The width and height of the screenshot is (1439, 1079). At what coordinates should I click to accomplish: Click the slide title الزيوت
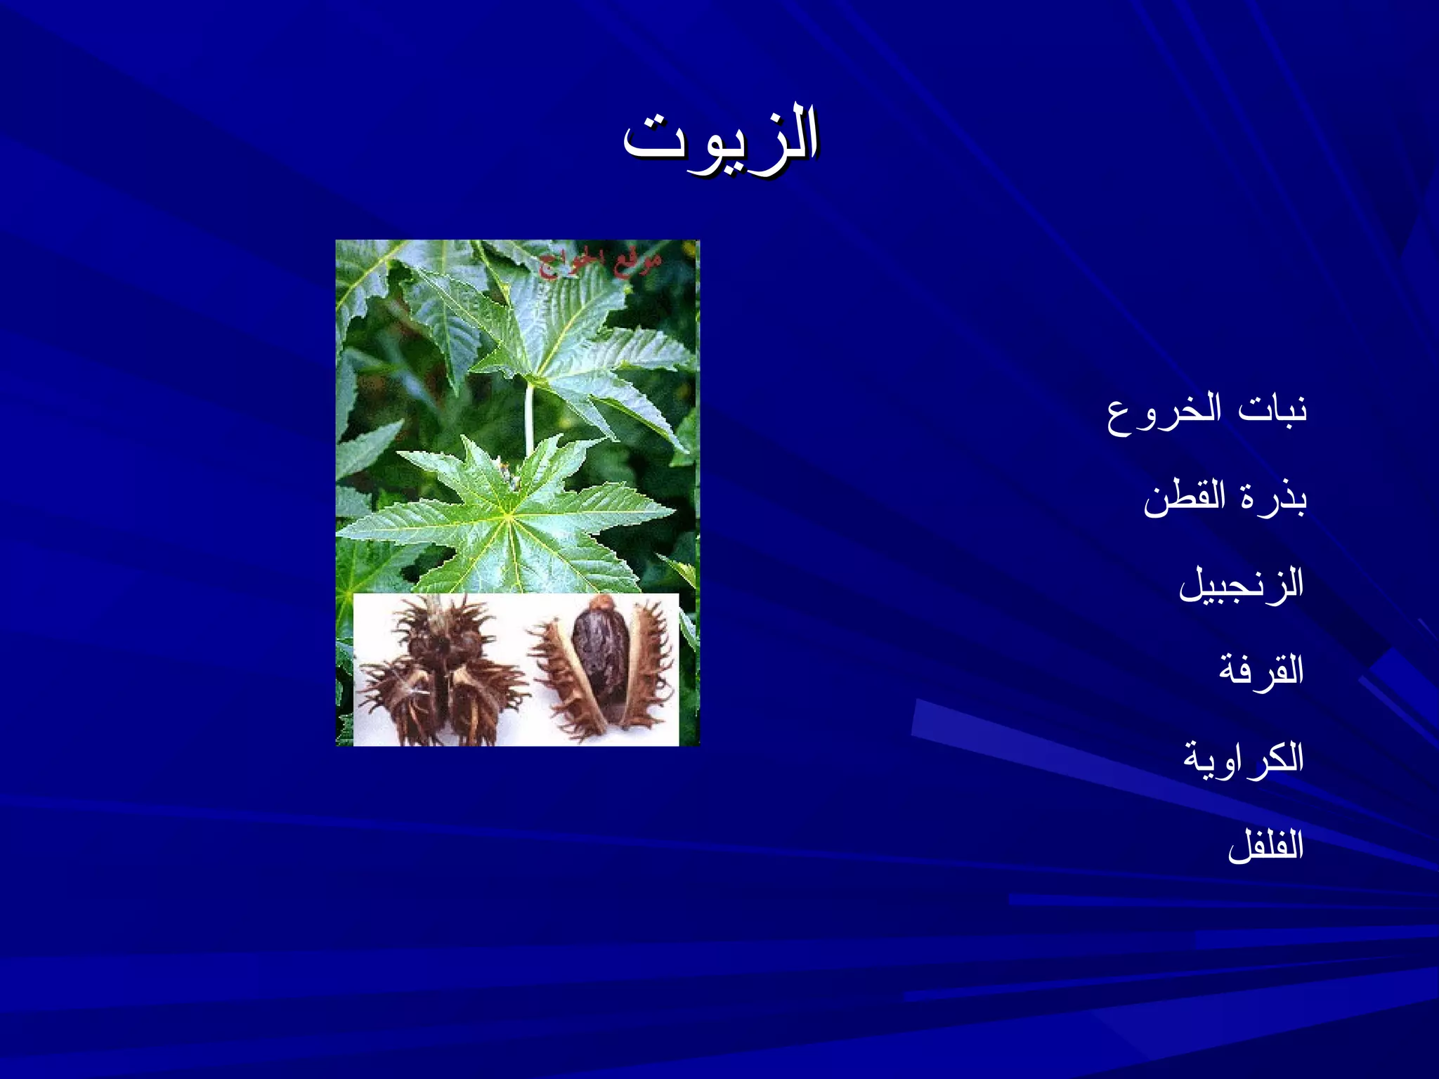tap(721, 136)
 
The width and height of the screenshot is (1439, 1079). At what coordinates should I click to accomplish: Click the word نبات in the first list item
tap(1272, 410)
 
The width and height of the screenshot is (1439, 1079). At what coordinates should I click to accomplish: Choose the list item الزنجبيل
tap(1241, 584)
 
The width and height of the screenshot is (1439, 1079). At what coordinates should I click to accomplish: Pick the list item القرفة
tap(1261, 671)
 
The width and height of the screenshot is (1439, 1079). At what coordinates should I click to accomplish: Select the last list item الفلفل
tap(1265, 846)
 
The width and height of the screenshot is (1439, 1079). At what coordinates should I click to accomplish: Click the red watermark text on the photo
tap(601, 263)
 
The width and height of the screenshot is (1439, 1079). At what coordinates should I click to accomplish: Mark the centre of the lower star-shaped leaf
tap(507, 516)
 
